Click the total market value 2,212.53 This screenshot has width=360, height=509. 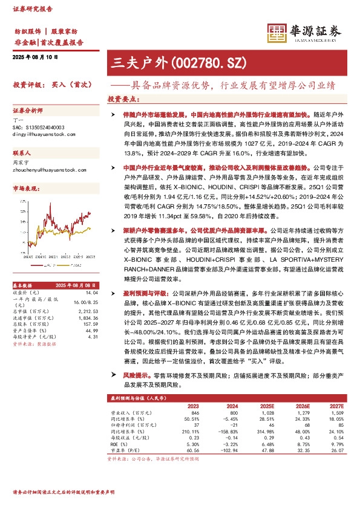(x=89, y=311)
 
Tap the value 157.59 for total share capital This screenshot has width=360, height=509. (x=90, y=324)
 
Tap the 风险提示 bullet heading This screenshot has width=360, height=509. (x=126, y=376)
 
